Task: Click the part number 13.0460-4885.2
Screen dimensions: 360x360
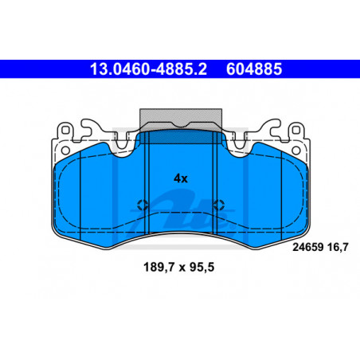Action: [x=148, y=69]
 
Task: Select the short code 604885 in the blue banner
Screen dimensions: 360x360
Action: [x=254, y=69]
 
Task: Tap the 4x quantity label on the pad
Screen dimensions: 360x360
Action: [x=181, y=178]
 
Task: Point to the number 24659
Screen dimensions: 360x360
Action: [x=308, y=247]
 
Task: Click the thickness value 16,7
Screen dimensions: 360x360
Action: [x=338, y=247]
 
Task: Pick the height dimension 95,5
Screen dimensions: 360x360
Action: [x=202, y=267]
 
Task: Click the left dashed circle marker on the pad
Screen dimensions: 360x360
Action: [x=143, y=205]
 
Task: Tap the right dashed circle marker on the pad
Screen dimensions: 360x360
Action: [x=219, y=205]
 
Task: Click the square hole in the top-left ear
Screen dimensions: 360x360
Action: [x=65, y=131]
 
